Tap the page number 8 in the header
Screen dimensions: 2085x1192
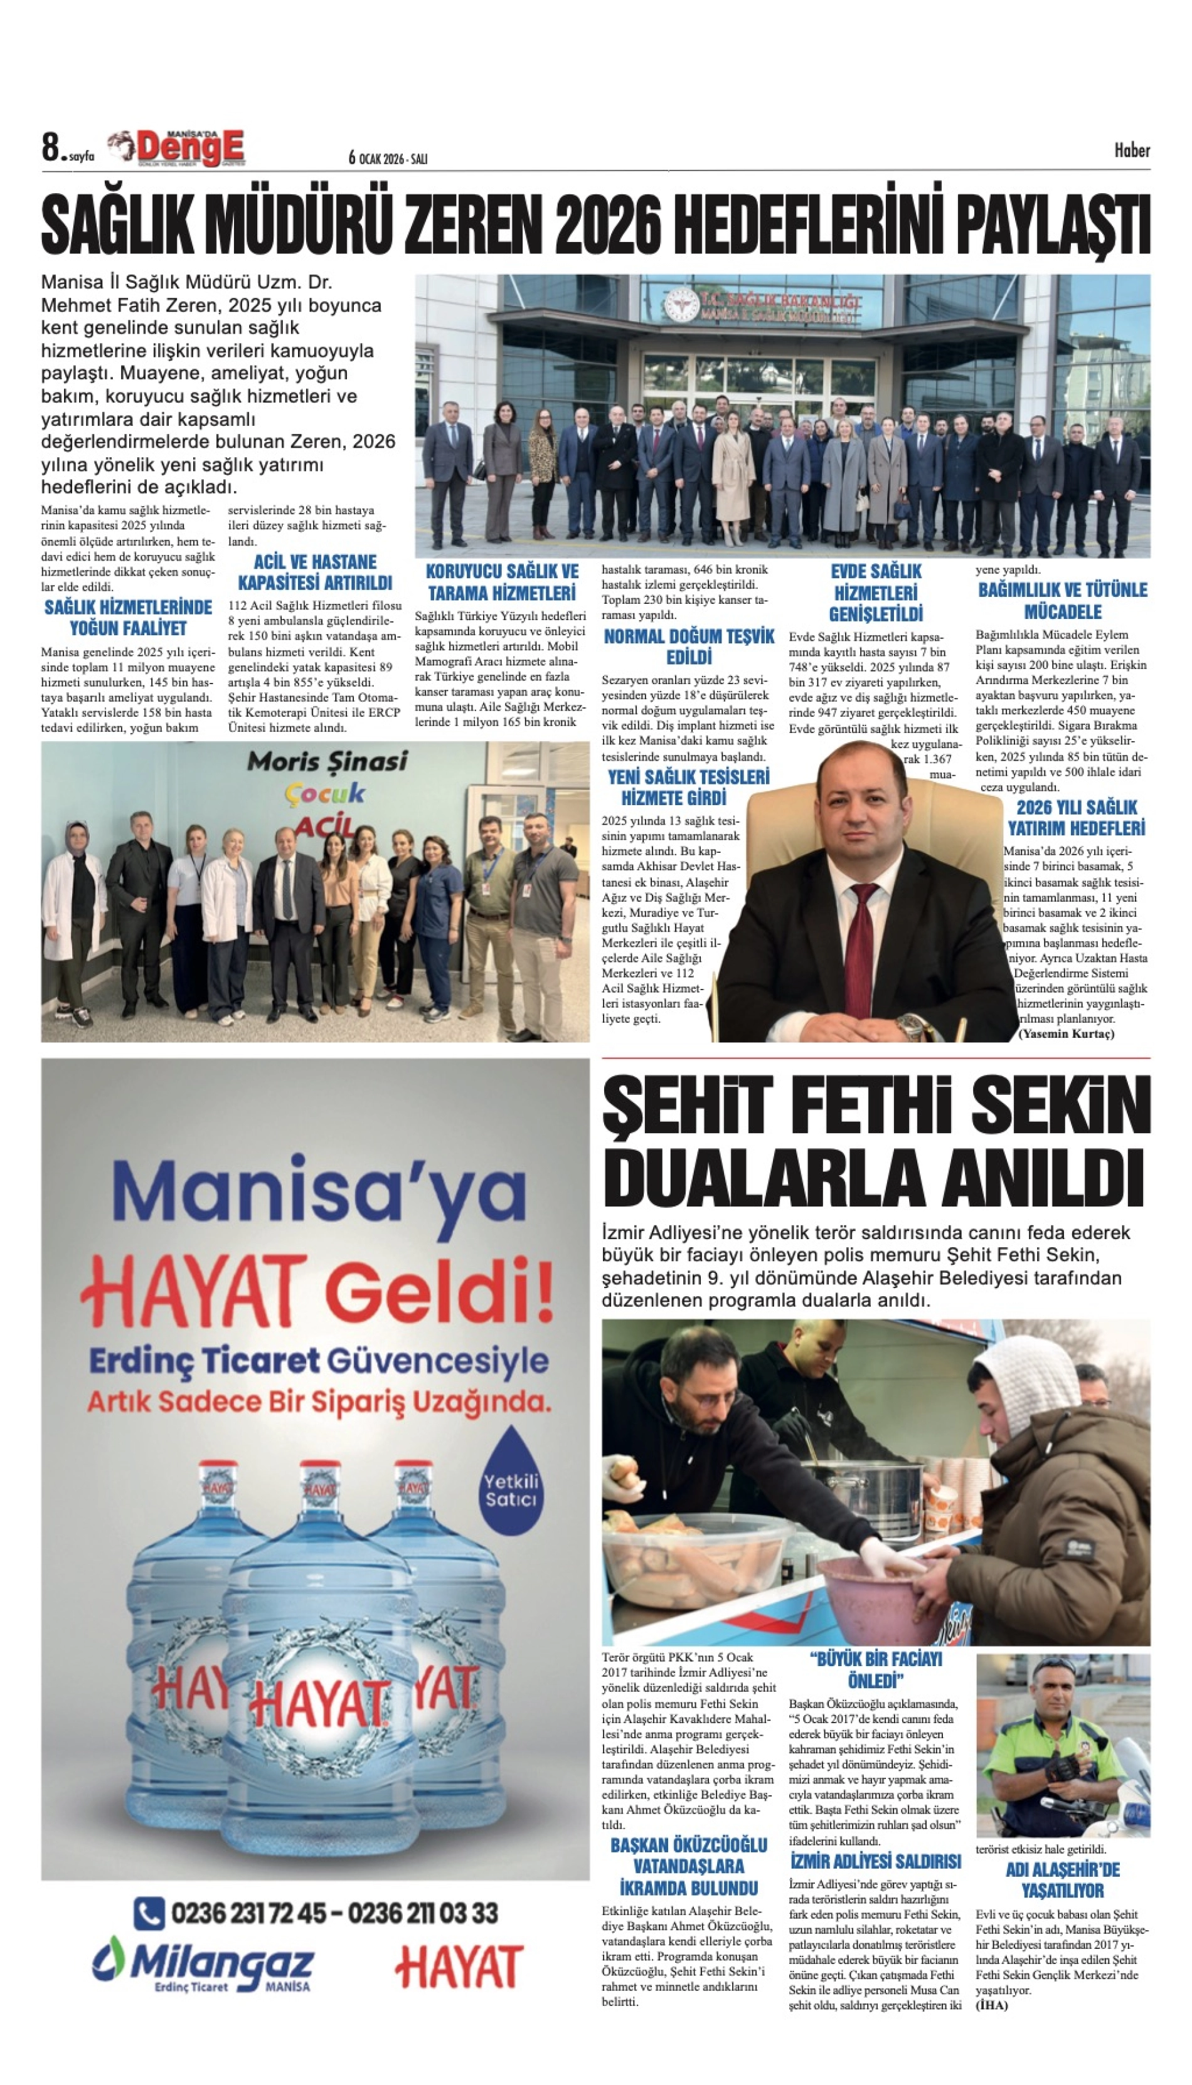tap(51, 148)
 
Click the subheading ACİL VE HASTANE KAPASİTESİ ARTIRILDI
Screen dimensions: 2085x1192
tap(314, 573)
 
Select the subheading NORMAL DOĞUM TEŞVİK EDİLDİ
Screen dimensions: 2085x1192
tap(688, 647)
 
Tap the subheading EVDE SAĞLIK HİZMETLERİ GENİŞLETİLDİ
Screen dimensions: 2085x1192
tap(875, 593)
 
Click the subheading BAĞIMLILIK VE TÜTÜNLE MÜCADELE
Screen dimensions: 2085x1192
tap(1063, 601)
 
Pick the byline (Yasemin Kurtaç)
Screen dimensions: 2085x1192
tap(1066, 1033)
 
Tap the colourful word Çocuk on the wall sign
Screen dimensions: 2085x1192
tap(325, 792)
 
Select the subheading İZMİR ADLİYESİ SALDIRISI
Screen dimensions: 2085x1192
tap(875, 1862)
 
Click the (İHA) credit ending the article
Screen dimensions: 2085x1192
tap(991, 2005)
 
